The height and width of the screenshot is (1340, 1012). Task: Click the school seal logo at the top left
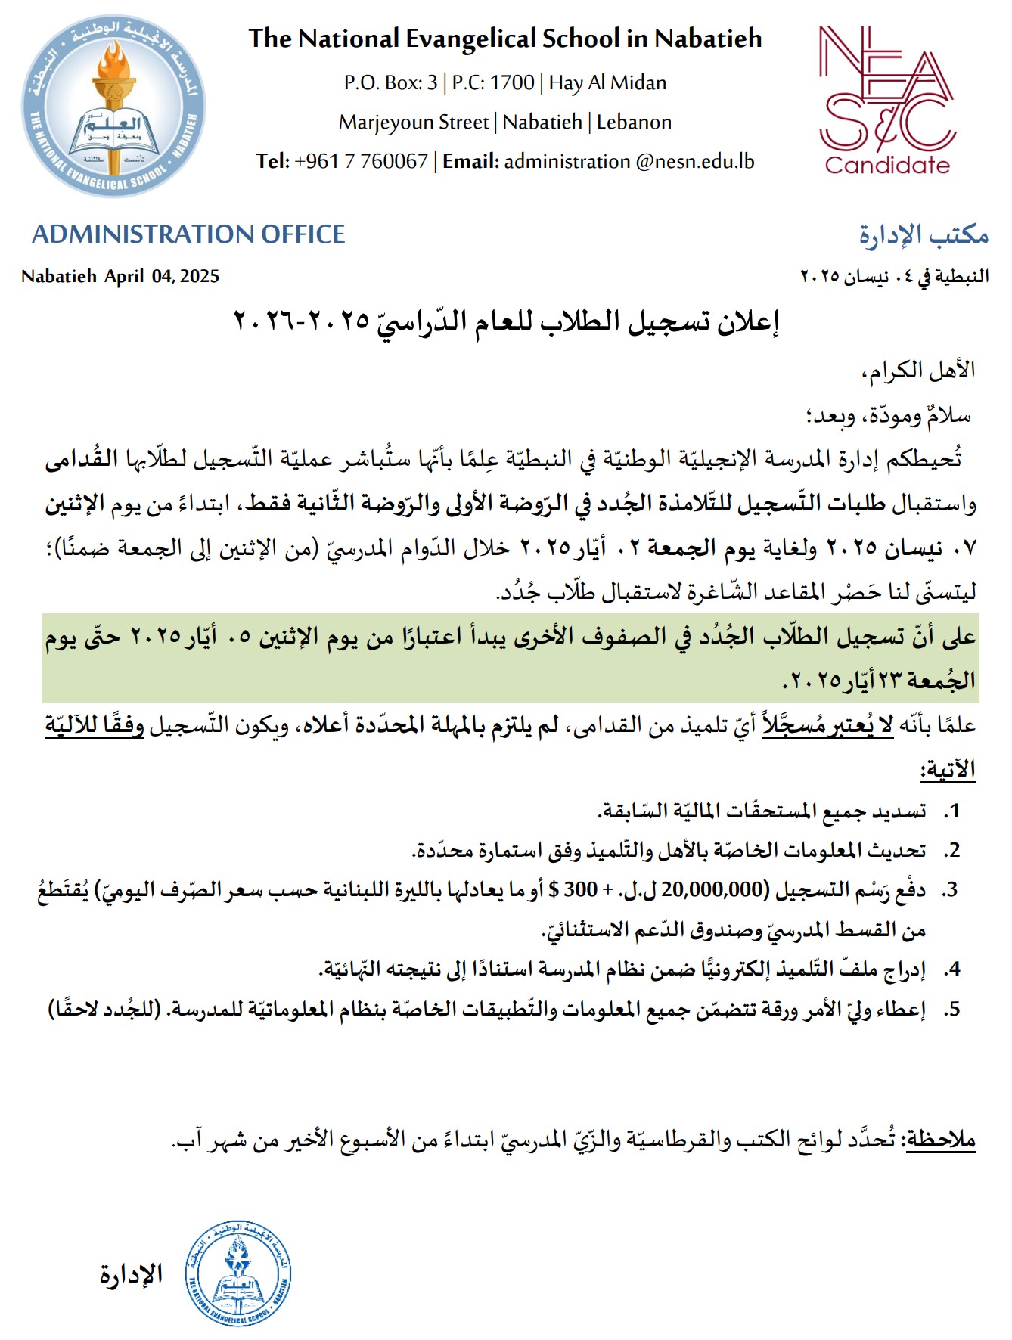point(113,107)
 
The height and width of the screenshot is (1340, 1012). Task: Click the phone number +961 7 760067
point(362,161)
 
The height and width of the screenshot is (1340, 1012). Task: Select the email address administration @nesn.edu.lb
point(629,161)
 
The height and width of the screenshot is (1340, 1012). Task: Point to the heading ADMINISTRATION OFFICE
point(188,234)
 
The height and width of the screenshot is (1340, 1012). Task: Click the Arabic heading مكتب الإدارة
point(924,235)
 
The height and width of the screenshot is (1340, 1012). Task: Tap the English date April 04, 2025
point(162,276)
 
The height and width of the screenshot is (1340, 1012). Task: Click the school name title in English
point(505,39)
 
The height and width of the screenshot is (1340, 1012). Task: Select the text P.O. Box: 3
point(390,82)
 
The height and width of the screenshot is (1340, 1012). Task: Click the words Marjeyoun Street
point(413,122)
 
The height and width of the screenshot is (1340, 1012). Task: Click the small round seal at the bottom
point(238,1273)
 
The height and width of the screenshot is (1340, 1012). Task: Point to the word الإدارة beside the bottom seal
point(132,1274)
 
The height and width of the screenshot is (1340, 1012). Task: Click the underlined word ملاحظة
point(942,1139)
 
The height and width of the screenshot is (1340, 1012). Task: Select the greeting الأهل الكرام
point(919,371)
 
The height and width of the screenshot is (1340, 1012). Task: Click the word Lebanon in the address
point(634,122)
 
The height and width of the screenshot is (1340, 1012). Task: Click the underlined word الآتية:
point(948,770)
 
